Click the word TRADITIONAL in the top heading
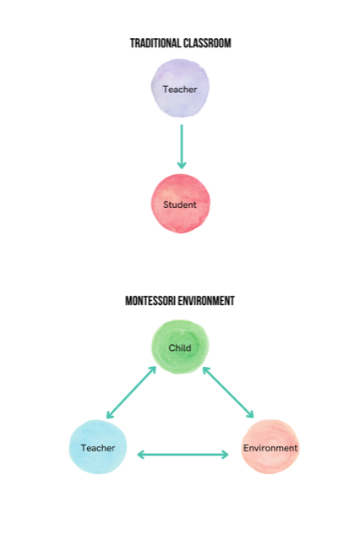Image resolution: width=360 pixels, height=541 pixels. click(x=155, y=43)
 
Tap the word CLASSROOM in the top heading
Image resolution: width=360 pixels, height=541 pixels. click(x=207, y=43)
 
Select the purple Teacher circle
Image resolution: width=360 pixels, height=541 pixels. click(x=180, y=88)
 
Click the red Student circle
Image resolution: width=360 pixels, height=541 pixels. click(x=180, y=204)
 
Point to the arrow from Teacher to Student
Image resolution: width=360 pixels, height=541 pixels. click(x=182, y=146)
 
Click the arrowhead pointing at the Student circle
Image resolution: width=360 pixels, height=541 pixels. click(x=182, y=165)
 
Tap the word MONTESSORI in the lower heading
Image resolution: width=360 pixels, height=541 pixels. click(x=150, y=301)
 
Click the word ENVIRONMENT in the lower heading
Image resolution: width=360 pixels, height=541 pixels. click(x=206, y=301)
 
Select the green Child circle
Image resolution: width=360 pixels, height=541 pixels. click(x=180, y=347)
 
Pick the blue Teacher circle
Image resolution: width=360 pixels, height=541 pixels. click(x=98, y=447)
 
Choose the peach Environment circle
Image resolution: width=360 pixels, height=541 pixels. click(x=270, y=447)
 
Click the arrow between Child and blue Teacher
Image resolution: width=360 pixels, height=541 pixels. click(x=131, y=392)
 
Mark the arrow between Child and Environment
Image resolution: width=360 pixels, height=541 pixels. click(x=228, y=392)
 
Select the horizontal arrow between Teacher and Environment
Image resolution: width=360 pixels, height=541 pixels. click(x=183, y=455)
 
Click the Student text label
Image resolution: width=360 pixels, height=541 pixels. click(x=180, y=205)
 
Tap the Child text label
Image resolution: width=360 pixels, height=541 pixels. click(x=180, y=347)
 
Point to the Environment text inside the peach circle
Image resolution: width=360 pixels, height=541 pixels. click(x=270, y=448)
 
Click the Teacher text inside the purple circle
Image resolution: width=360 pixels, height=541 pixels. click(x=180, y=90)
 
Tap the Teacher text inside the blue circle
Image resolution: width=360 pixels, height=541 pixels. click(x=98, y=448)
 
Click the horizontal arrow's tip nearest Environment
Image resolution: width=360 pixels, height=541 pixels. click(x=229, y=455)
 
